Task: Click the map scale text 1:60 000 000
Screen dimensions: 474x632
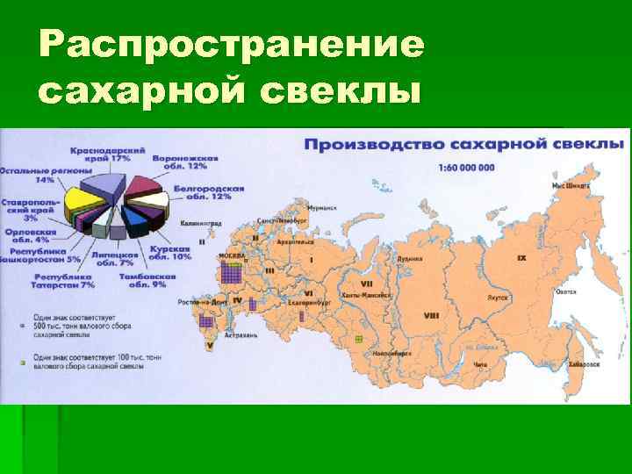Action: [465, 168]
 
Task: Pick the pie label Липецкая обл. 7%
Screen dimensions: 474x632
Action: [114, 257]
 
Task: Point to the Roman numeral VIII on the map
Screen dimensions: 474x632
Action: [431, 315]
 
